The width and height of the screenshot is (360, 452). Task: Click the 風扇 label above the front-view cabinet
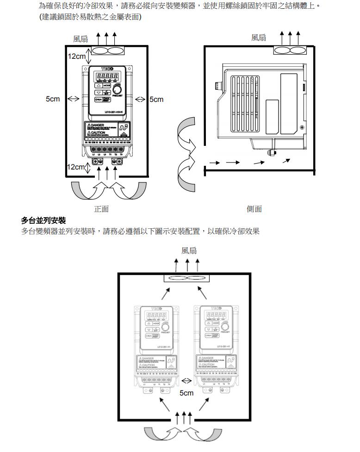click(81, 39)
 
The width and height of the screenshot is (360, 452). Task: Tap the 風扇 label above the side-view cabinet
click(259, 38)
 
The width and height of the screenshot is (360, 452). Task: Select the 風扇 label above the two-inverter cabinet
click(189, 251)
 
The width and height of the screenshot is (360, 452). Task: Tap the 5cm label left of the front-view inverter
click(53, 100)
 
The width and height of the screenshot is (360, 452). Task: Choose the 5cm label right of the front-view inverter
click(156, 100)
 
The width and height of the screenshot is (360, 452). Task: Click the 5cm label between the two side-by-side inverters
click(186, 393)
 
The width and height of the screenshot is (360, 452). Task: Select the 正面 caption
click(101, 209)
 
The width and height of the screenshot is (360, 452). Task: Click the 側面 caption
click(254, 209)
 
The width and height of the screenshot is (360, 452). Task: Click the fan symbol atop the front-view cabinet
click(108, 50)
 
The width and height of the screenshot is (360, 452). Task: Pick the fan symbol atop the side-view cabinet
click(290, 50)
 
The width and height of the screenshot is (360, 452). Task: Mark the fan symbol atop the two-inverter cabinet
click(187, 278)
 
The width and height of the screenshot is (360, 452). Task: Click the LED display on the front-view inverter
click(106, 76)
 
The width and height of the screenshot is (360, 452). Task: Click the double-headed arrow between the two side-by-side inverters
click(187, 381)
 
